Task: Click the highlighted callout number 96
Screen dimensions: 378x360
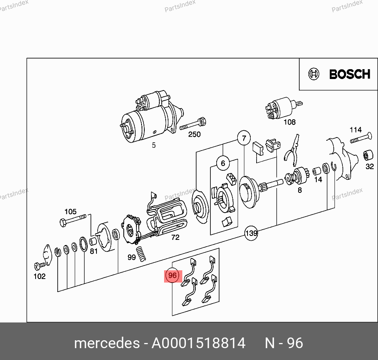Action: tap(172, 275)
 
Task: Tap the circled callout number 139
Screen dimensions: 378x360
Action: tap(251, 233)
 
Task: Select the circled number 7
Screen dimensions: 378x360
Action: tap(244, 138)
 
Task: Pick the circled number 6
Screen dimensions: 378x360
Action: tap(223, 163)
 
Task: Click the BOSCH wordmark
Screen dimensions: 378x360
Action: tap(350, 74)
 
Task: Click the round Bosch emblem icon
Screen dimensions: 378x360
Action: tap(314, 74)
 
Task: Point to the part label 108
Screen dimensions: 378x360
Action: tap(289, 122)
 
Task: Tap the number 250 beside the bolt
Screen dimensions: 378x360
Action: tap(194, 134)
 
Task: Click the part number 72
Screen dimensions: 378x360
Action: tap(175, 237)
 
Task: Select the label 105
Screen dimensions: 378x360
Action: tap(70, 211)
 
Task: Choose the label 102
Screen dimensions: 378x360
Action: tap(40, 276)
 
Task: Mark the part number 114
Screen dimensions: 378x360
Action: tap(355, 130)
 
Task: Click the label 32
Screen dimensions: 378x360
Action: tap(370, 166)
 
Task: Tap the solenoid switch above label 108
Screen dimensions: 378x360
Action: tap(283, 108)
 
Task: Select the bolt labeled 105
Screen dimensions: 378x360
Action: tap(73, 220)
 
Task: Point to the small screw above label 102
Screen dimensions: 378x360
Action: tap(40, 266)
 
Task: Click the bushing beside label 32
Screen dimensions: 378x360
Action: tap(368, 155)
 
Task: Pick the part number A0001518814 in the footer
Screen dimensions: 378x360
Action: tap(198, 343)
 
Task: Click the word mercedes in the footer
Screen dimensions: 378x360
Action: tap(107, 343)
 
